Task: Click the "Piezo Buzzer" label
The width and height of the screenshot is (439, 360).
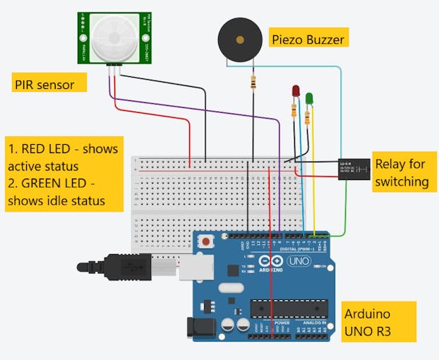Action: [x=308, y=40]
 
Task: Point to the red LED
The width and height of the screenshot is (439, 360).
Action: [x=296, y=93]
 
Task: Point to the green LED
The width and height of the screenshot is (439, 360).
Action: [x=309, y=100]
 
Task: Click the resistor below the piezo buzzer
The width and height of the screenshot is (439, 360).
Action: [x=253, y=84]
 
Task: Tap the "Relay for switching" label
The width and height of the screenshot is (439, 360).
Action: [x=401, y=172]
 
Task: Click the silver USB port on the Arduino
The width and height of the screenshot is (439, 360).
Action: [x=191, y=266]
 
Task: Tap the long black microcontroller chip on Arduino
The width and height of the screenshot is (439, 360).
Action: [x=288, y=309]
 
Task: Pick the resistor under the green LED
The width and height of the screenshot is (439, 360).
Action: [x=308, y=117]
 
